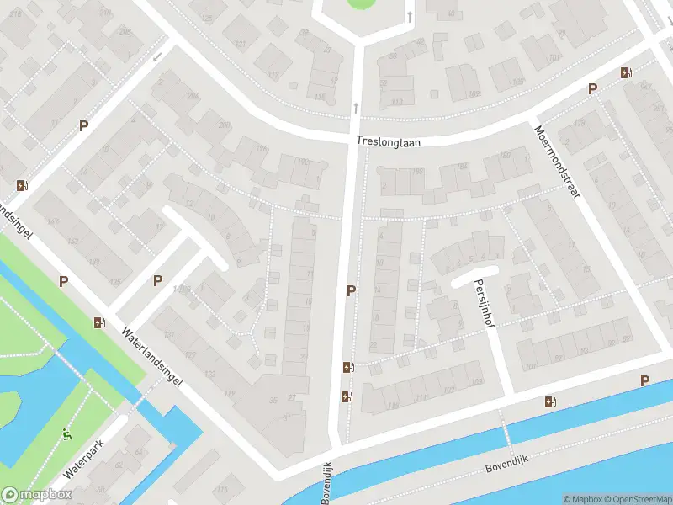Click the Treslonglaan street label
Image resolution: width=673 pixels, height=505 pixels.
tap(387, 142)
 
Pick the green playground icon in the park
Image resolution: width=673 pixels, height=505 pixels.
tap(68, 435)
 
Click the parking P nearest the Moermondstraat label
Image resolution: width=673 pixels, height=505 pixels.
tap(592, 89)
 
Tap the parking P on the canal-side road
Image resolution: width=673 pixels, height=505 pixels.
tap(644, 380)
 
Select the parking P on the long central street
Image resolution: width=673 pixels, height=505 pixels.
tap(351, 290)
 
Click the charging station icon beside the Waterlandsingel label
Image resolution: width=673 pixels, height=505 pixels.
tap(99, 322)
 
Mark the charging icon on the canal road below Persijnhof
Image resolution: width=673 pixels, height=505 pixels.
tap(550, 402)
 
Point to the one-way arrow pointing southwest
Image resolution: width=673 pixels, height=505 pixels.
tap(158, 56)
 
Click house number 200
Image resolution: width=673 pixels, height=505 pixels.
tap(224, 125)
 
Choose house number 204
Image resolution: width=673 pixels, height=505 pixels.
tap(192, 97)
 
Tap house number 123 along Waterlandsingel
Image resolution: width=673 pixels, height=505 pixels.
tap(209, 374)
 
